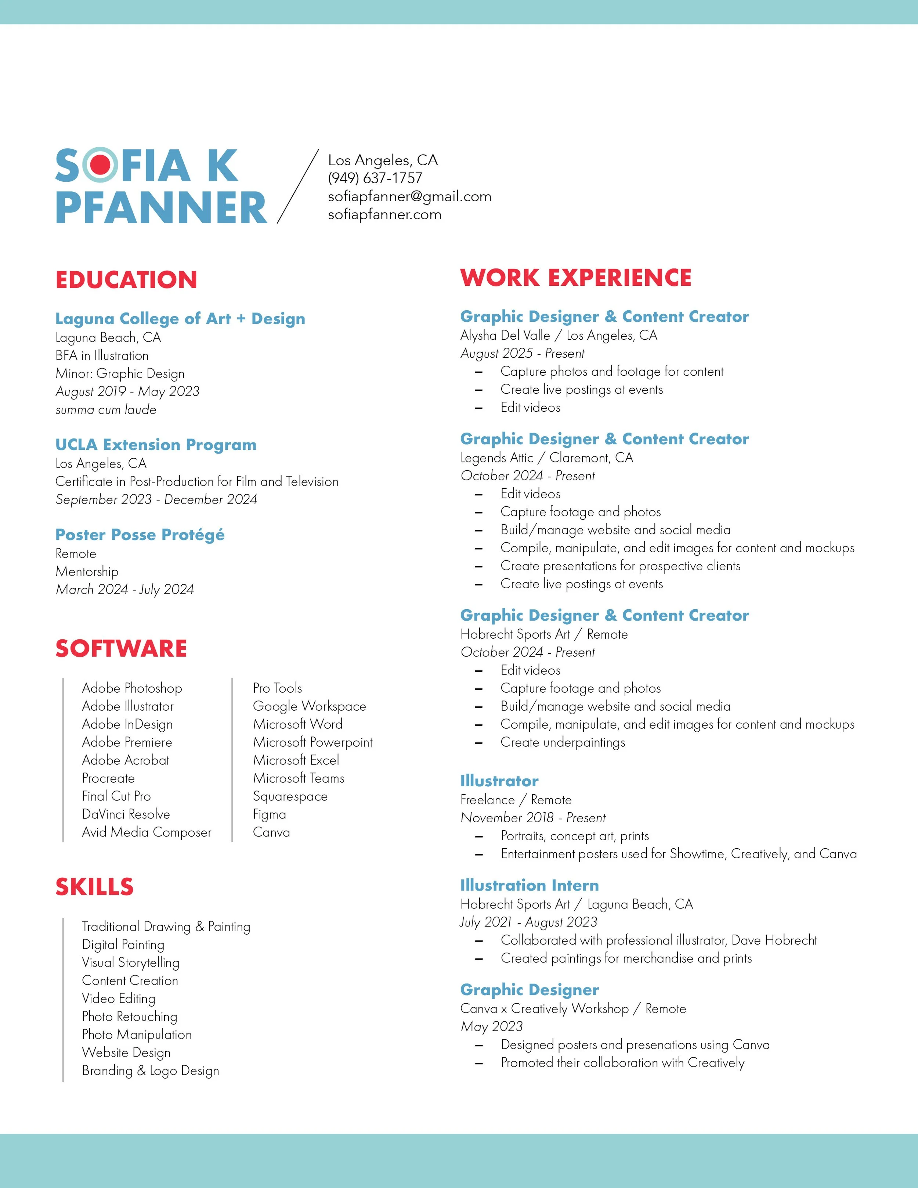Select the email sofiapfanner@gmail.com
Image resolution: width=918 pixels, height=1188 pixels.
pos(409,196)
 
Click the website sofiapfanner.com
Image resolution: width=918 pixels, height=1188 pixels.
pos(384,214)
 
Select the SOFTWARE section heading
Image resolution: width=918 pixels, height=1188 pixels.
pos(121,649)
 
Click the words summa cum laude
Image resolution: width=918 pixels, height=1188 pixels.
pos(106,409)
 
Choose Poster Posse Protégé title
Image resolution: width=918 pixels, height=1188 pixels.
pos(140,535)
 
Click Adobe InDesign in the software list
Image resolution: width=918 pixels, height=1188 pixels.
pos(127,724)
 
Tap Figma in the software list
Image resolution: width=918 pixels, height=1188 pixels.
pos(269,814)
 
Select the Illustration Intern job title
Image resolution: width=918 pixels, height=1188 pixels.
pos(529,885)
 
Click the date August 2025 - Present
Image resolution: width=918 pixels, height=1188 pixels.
pos(522,354)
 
